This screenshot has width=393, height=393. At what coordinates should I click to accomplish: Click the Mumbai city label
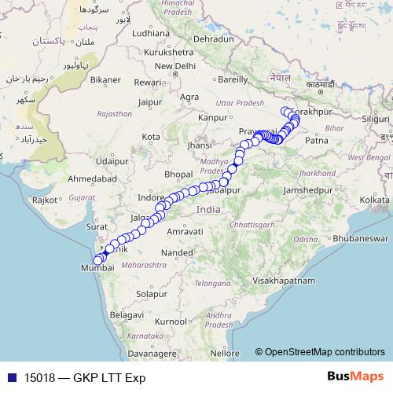(97, 268)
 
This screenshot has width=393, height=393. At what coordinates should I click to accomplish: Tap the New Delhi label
(178, 66)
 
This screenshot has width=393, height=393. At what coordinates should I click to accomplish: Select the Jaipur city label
(149, 101)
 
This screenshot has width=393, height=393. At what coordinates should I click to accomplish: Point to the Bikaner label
(104, 79)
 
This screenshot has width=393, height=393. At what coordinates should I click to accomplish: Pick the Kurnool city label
(171, 321)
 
